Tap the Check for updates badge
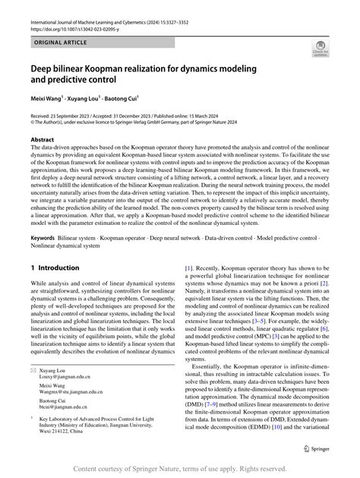pos(320,49)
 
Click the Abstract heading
pos(43,140)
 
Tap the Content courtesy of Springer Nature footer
pos(179,469)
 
